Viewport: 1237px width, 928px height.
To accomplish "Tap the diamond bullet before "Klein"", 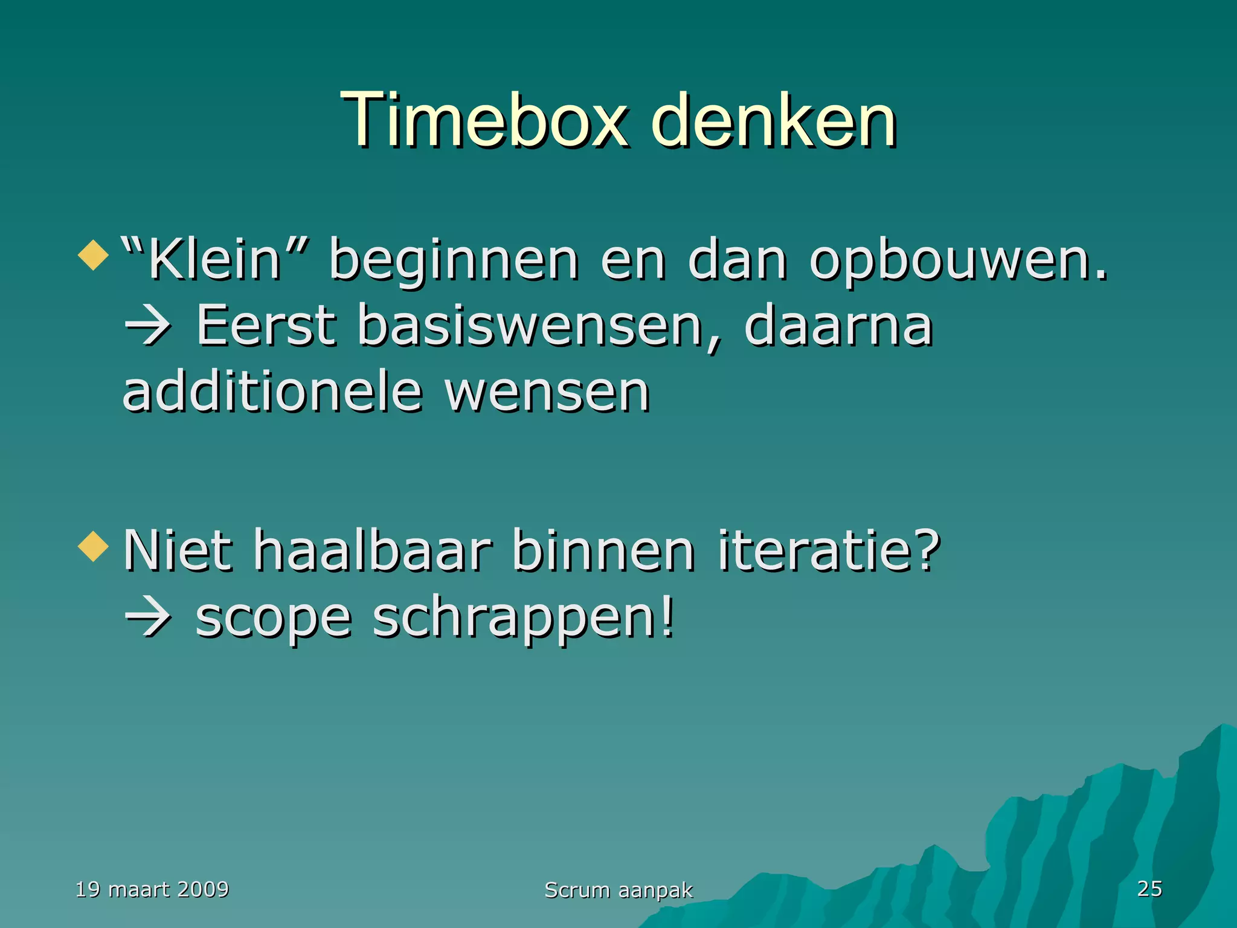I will point(93,255).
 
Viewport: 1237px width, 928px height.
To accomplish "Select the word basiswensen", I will point(530,326).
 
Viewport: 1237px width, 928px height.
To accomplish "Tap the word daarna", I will point(838,326).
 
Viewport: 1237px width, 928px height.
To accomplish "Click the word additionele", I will point(272,393).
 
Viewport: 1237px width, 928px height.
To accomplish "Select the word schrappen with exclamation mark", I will point(522,619).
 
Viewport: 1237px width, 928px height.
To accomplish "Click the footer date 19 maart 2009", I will point(152,889).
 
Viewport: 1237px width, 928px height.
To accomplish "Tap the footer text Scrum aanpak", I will point(618,890).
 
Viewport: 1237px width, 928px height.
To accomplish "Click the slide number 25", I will point(1149,888).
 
